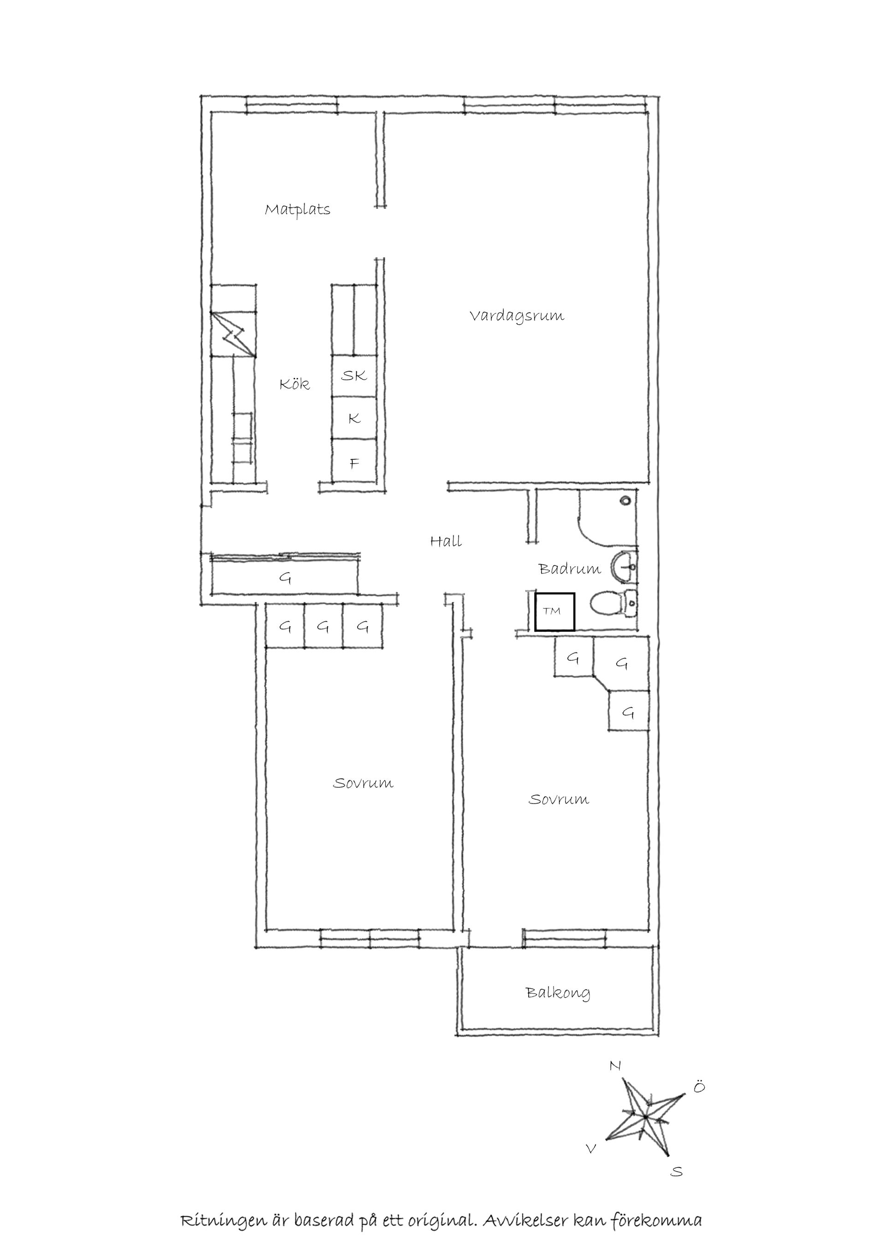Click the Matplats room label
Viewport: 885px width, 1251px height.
coord(298,210)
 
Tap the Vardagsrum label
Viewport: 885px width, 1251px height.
coord(517,316)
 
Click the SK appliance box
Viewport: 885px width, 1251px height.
coord(354,376)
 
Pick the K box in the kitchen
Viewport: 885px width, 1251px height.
coord(354,418)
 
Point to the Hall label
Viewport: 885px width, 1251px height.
coord(446,541)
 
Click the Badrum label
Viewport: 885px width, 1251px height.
coord(569,569)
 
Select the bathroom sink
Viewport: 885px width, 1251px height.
coord(625,567)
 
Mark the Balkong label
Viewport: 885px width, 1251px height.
coord(557,992)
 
